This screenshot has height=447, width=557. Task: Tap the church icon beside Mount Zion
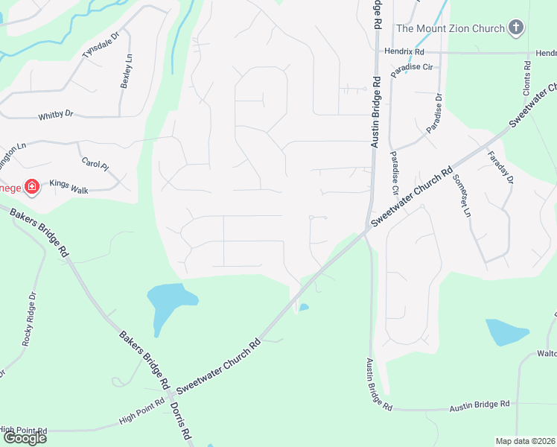[515, 29]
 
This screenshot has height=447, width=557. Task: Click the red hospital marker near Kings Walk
[32, 186]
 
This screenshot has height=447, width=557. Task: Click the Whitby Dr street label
[56, 115]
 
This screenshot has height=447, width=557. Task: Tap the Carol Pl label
[95, 162]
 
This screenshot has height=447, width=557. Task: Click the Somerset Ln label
[462, 197]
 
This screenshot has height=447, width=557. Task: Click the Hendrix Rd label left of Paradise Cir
[404, 52]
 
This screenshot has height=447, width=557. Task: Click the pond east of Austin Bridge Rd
[506, 332]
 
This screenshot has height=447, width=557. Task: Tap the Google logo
[24, 438]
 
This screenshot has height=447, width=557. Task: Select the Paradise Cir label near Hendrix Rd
[413, 67]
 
